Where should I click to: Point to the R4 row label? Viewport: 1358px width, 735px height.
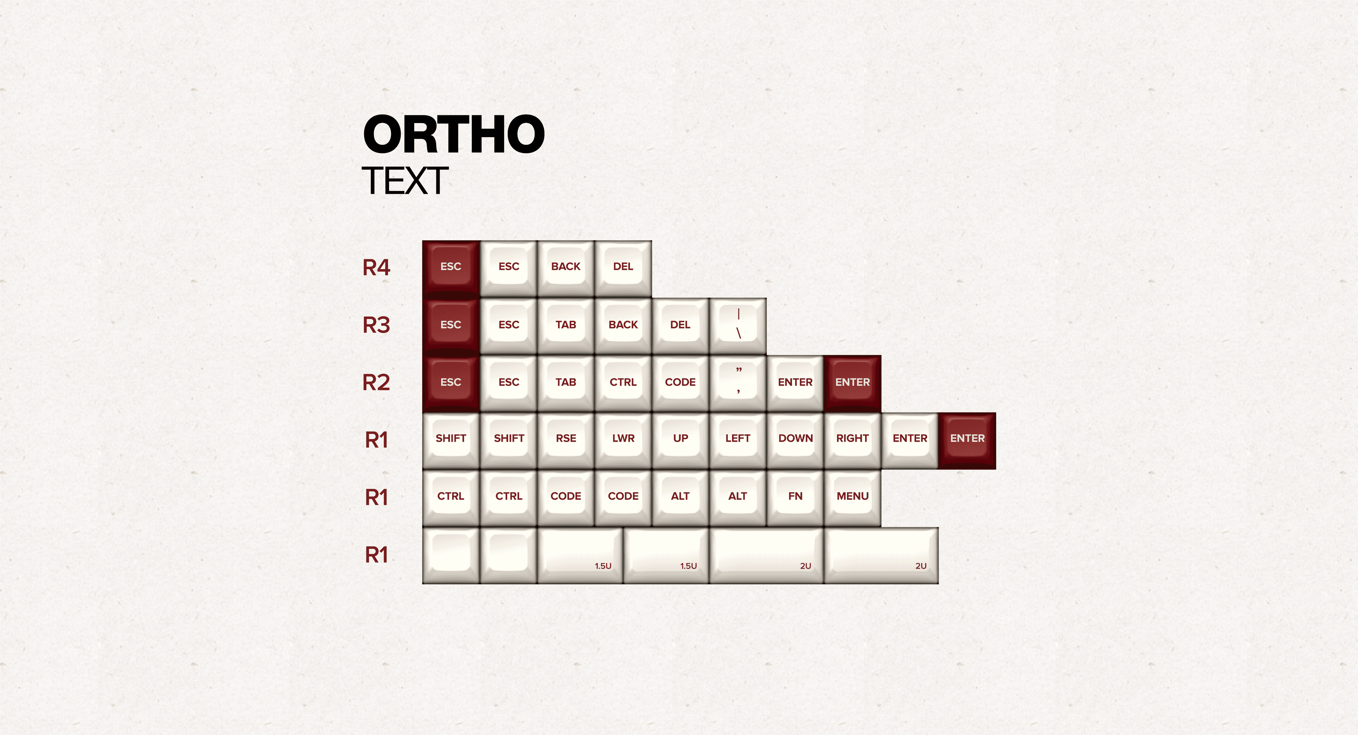(x=376, y=267)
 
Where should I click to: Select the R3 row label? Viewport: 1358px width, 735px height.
(x=376, y=325)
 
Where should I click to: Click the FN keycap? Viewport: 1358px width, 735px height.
(x=795, y=498)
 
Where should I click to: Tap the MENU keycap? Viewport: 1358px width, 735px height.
(x=852, y=498)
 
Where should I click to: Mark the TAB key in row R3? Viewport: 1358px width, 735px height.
(x=566, y=326)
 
